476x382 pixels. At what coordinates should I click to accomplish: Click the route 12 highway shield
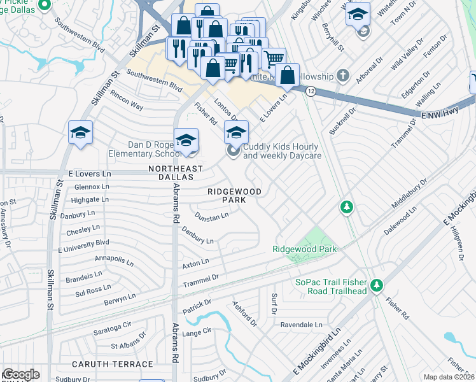(x=310, y=92)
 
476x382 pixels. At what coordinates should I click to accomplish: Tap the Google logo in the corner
(x=20, y=374)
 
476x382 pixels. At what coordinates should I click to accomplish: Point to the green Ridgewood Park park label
(x=305, y=249)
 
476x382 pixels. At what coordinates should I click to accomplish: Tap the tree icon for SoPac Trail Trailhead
(x=377, y=284)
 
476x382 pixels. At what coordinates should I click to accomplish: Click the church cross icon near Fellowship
(x=344, y=76)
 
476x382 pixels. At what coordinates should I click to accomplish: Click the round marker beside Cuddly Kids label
(x=233, y=151)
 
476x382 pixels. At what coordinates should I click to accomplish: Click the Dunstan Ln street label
(x=211, y=217)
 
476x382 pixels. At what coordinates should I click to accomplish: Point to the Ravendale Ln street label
(x=301, y=324)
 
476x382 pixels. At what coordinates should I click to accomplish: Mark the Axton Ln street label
(x=195, y=262)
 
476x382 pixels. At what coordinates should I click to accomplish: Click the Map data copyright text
(x=448, y=377)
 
